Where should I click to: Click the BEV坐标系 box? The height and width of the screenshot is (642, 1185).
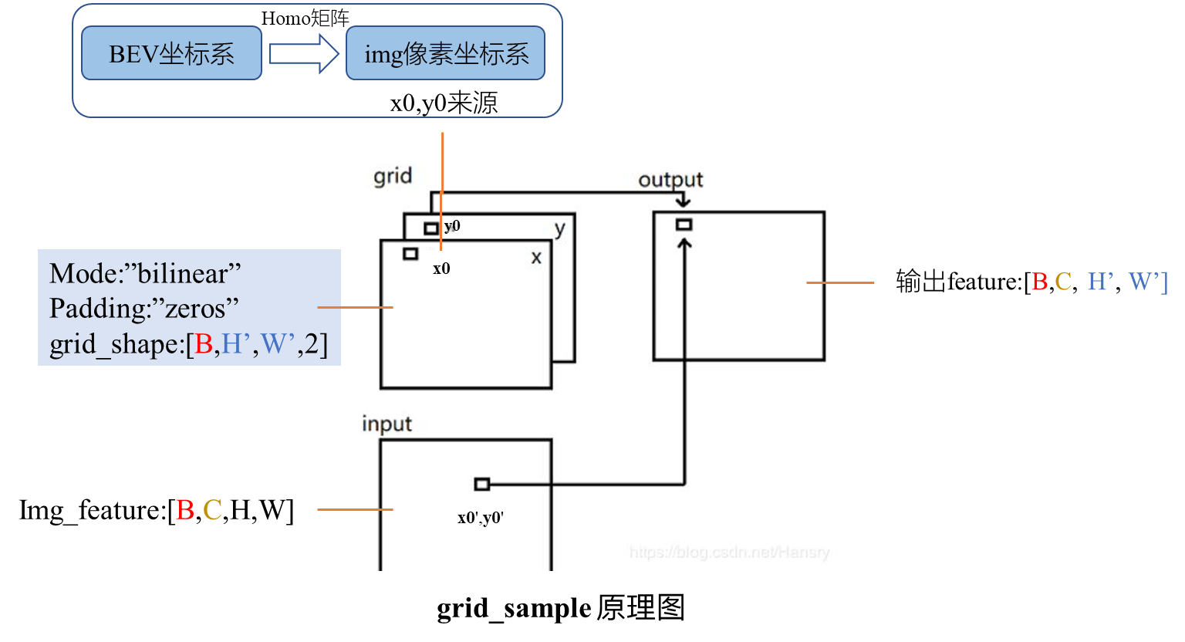171,53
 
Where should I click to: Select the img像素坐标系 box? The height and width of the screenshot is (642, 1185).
445,53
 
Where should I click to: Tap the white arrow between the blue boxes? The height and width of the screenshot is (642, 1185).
304,53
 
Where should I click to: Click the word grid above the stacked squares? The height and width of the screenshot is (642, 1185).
393,177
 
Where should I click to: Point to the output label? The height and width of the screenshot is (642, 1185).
670,180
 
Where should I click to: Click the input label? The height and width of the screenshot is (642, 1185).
387,424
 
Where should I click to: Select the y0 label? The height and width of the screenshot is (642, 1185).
453,226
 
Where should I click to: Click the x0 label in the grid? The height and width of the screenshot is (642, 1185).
441,269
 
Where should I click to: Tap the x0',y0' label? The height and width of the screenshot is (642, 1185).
480,518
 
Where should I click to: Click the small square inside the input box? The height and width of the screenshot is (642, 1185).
482,484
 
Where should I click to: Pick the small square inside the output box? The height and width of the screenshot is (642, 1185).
684,225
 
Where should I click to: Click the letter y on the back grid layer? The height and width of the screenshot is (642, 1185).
560,229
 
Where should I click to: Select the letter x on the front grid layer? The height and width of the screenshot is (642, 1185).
536,258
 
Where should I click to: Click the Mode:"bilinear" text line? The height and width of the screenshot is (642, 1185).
145,274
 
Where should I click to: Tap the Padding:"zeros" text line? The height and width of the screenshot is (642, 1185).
144,309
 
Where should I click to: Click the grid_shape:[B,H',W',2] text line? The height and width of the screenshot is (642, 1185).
188,344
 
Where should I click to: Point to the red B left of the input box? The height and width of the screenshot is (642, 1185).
184,510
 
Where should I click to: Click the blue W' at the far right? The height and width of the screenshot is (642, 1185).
1145,282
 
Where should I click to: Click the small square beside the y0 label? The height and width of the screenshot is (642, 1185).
431,228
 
